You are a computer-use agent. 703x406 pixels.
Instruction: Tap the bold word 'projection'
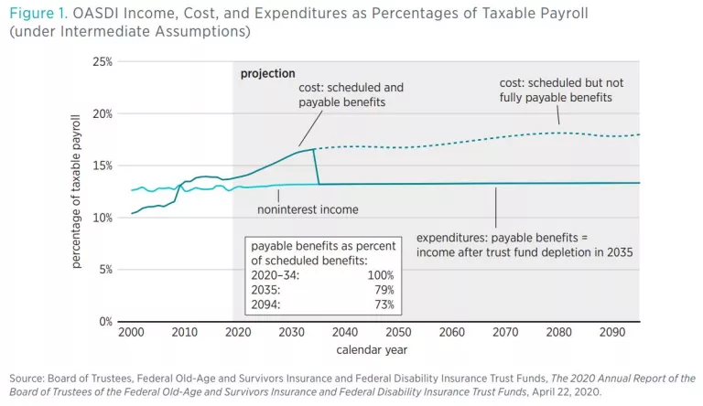pyautogui.click(x=267, y=73)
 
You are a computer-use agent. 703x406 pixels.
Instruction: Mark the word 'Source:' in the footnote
pyautogui.click(x=28, y=378)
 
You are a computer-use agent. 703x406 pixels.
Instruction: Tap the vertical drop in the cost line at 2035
pyautogui.click(x=316, y=166)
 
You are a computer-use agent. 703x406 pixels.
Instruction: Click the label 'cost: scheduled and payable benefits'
pyautogui.click(x=351, y=95)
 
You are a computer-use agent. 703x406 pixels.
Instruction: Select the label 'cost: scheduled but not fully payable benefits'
pyautogui.click(x=556, y=89)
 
